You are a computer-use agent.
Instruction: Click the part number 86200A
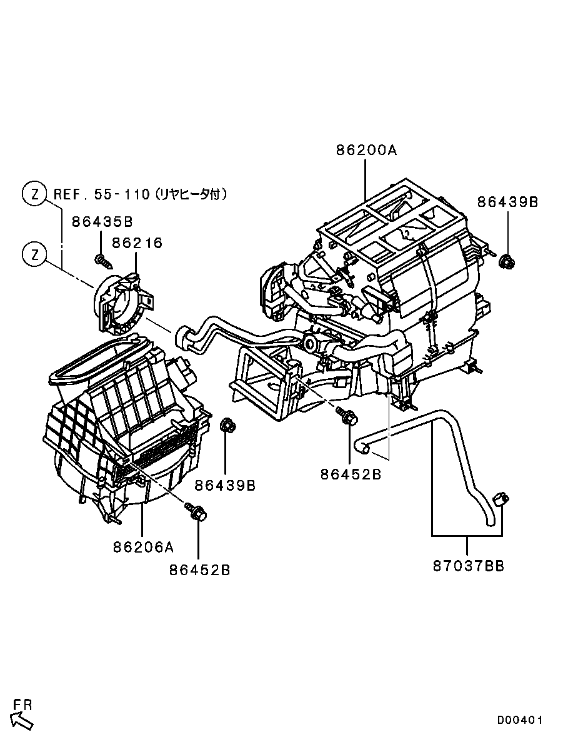(x=367, y=150)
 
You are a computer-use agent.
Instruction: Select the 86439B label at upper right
(x=507, y=202)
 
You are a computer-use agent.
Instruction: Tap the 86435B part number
(x=102, y=221)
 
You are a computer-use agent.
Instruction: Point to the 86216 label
(x=137, y=243)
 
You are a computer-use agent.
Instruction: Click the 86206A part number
(x=143, y=547)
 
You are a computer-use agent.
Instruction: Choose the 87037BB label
(x=469, y=566)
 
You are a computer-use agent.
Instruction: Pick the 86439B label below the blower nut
(x=225, y=485)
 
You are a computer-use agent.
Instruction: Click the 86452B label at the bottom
(x=199, y=570)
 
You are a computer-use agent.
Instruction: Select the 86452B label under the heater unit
(x=351, y=474)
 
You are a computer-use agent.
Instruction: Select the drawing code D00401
(x=519, y=720)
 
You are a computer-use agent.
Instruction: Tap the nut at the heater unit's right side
(x=507, y=260)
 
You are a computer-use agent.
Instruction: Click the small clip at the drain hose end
(x=500, y=498)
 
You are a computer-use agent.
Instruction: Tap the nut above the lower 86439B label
(x=228, y=425)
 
